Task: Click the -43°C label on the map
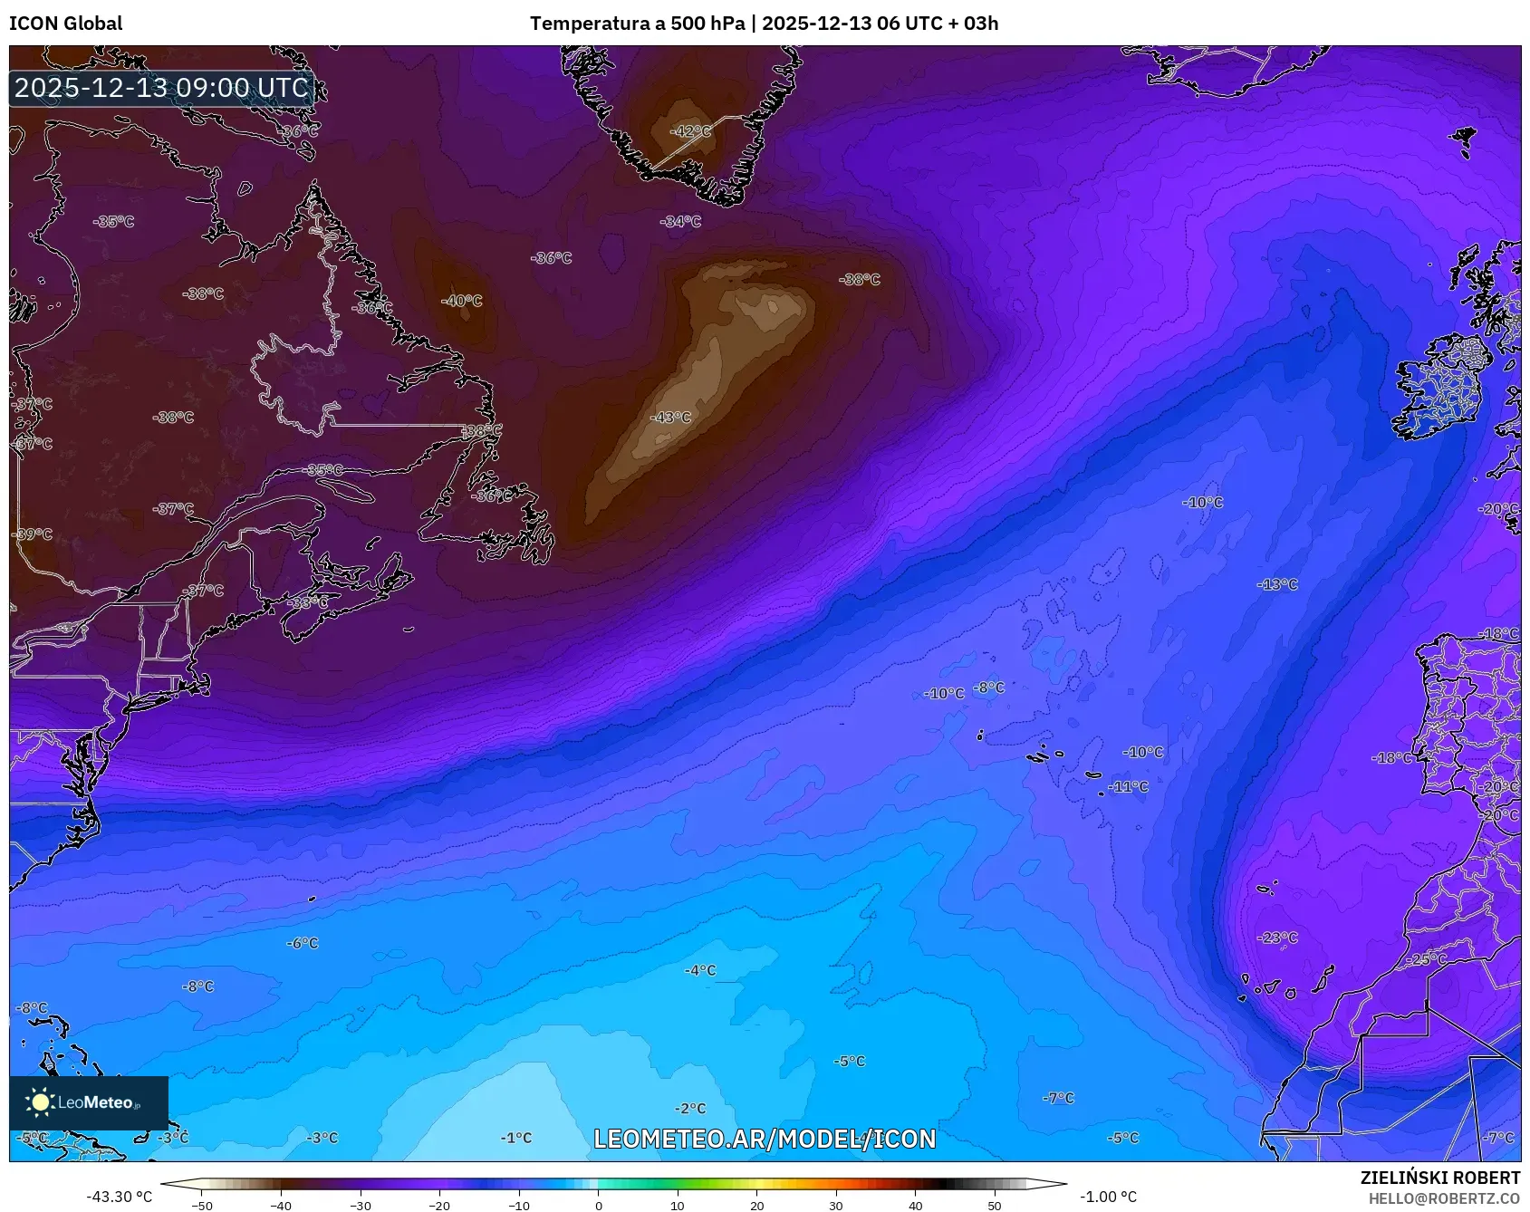(670, 418)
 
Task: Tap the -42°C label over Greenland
(690, 131)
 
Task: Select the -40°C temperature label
(462, 301)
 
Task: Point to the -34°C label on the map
(680, 221)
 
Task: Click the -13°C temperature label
(1277, 585)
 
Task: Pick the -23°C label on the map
(1277, 938)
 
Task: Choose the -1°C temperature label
(516, 1138)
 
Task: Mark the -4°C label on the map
(700, 970)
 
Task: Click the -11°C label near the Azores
(1128, 787)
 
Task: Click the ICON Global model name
(65, 24)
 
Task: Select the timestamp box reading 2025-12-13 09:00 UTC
(161, 88)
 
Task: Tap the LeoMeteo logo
(89, 1102)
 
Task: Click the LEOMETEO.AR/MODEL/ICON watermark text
(765, 1139)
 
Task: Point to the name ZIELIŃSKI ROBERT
(1439, 1178)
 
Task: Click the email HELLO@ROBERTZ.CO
(1444, 1198)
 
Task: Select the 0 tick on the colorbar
(598, 1206)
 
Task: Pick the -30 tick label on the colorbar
(361, 1206)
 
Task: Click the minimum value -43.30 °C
(120, 1197)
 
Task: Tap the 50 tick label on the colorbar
(995, 1206)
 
